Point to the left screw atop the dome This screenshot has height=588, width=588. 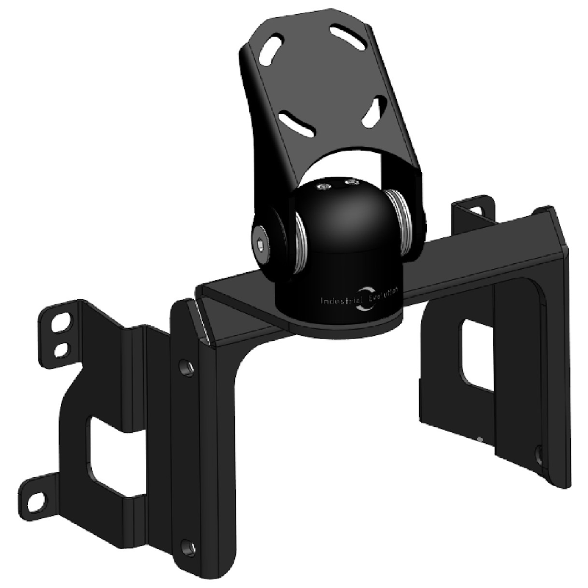pyautogui.click(x=321, y=187)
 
